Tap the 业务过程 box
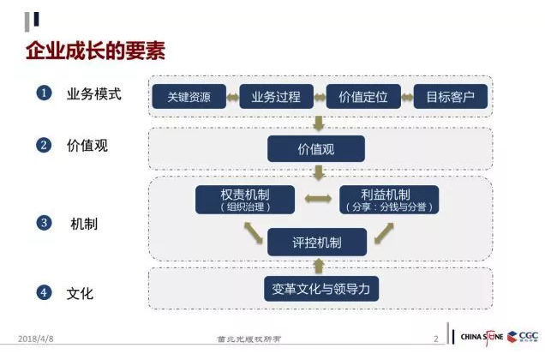[275, 97]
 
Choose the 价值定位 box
[363, 97]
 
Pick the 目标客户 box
[450, 97]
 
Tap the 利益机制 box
[389, 200]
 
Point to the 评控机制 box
[317, 243]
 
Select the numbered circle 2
[44, 145]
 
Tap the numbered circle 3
[44, 223]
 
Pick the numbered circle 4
[44, 293]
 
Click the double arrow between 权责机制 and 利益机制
[318, 200]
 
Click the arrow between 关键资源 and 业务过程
[232, 97]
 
